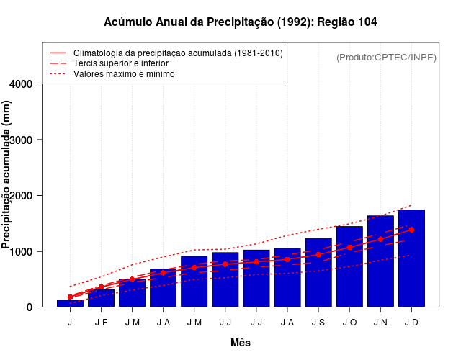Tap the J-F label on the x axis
(x=101, y=323)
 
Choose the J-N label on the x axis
(x=380, y=323)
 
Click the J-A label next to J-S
(x=287, y=323)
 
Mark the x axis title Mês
(x=241, y=343)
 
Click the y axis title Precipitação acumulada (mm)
(x=7, y=174)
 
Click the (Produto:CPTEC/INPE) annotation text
(x=386, y=57)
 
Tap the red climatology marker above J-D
(x=411, y=230)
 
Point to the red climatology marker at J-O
(x=349, y=247)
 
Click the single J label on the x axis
(x=70, y=323)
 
